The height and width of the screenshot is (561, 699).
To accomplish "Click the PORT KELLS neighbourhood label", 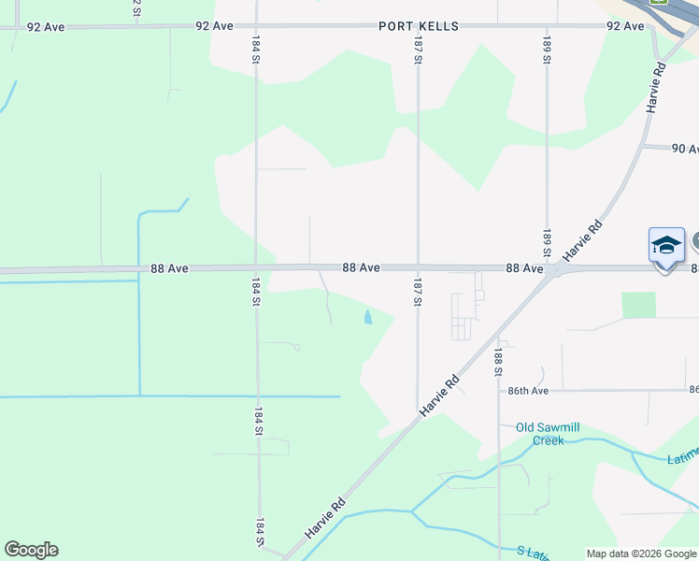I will click(x=419, y=26).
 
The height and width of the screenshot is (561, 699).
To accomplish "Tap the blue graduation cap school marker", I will click(x=666, y=246).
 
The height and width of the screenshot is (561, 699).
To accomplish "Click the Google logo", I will click(x=31, y=550).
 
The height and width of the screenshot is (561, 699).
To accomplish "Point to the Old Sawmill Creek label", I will click(x=548, y=434).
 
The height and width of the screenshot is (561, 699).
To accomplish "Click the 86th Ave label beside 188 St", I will click(x=527, y=390).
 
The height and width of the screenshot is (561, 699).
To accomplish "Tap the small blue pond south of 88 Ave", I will click(x=367, y=318).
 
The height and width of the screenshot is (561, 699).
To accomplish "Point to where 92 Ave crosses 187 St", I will click(x=418, y=26).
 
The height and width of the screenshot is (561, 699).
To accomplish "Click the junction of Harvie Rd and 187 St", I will click(x=418, y=411).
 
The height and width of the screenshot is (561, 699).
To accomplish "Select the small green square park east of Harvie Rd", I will click(x=639, y=305).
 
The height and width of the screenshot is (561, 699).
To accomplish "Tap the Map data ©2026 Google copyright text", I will click(x=641, y=554).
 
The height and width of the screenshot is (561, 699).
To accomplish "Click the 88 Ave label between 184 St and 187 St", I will click(x=361, y=267).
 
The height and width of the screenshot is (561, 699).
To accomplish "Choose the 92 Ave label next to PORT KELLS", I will click(x=214, y=26).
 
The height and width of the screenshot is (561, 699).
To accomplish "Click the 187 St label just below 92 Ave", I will click(x=419, y=51).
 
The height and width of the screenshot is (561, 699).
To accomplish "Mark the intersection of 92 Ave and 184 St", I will click(x=255, y=26).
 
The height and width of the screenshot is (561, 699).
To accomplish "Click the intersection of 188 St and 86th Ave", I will click(x=499, y=390).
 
